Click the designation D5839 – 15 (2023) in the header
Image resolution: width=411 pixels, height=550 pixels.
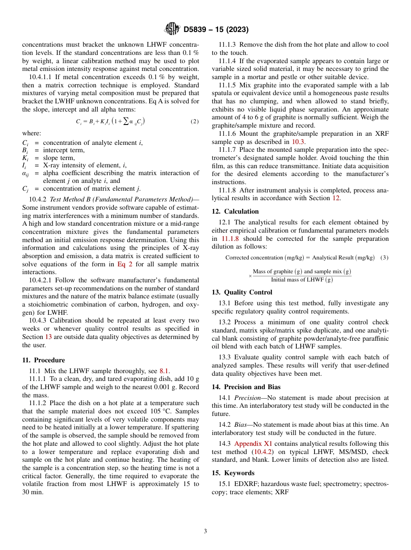pos(216,30)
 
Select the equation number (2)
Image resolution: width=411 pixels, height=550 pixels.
pos(194,122)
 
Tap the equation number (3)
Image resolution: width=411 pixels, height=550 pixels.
pos(384,258)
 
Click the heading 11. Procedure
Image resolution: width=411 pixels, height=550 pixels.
pos(43,360)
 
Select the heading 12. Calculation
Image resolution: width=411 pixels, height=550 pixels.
pos(235,211)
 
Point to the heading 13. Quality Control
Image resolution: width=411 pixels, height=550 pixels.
pos(242,292)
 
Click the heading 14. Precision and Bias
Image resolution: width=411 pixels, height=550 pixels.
pos(246,387)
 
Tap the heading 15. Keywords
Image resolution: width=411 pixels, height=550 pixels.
pos(233,473)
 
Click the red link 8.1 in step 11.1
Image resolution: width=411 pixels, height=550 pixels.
pos(164,371)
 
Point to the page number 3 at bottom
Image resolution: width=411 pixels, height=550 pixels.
pos(205,531)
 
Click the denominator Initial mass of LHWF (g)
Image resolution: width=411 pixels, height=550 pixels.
pos(302,279)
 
